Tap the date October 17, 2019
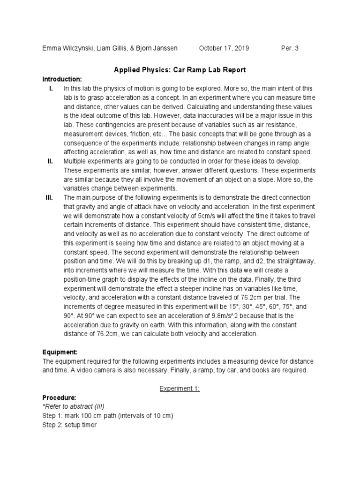[x=224, y=48]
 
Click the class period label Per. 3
[x=289, y=48]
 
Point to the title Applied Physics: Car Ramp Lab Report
[x=180, y=70]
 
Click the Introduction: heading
[x=62, y=78]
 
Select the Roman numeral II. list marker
[x=50, y=161]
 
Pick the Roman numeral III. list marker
[x=51, y=198]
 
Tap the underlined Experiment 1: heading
[x=180, y=389]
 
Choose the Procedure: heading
[x=60, y=397]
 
